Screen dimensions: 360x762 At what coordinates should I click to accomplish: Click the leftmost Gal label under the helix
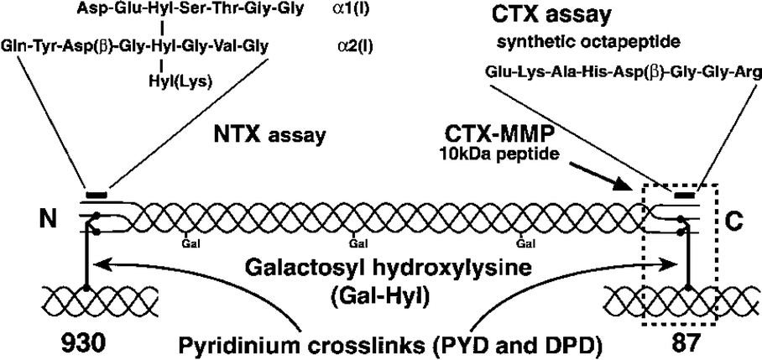click(192, 246)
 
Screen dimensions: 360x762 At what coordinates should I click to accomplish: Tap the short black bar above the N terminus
click(97, 196)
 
